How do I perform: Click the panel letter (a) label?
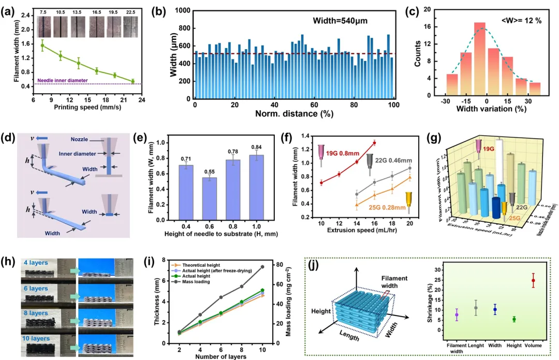click(x=10, y=11)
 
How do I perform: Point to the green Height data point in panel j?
click(x=514, y=319)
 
